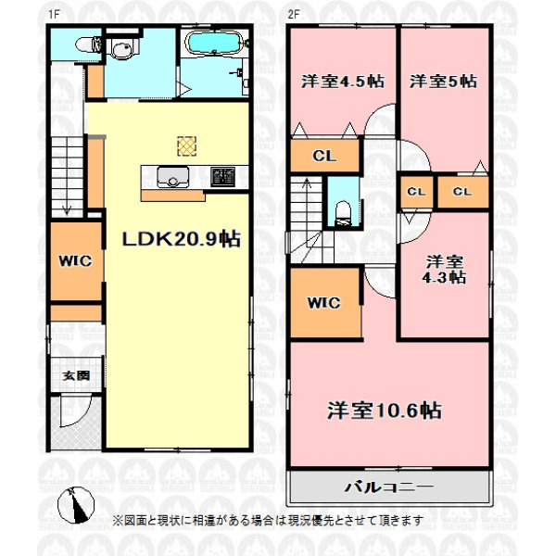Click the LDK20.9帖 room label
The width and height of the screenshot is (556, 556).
[x=182, y=239]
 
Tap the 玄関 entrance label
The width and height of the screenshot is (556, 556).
[x=76, y=375]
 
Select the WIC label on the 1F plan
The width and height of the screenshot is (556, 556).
[x=76, y=261]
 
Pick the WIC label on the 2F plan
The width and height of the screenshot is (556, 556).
[x=323, y=302]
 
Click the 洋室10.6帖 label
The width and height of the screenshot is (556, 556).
[x=385, y=411]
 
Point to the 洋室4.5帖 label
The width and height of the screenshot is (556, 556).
[x=343, y=82]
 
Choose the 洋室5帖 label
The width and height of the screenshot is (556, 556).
[x=443, y=82]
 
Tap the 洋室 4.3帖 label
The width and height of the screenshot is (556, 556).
[x=444, y=270]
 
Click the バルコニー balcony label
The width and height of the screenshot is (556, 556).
[x=388, y=486]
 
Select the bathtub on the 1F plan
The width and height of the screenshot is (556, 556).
[x=214, y=43]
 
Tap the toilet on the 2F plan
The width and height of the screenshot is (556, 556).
[x=343, y=213]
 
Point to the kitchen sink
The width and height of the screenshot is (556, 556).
[x=173, y=177]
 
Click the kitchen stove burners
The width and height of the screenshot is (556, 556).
[x=222, y=177]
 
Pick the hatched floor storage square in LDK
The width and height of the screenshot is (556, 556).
[x=186, y=146]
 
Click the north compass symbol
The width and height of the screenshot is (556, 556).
[x=76, y=505]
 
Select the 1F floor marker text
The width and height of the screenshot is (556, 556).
[x=54, y=14]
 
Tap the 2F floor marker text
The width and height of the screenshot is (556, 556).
[x=293, y=14]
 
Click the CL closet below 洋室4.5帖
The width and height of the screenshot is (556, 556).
[x=324, y=156]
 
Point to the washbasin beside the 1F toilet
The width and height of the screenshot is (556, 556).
[x=120, y=48]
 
